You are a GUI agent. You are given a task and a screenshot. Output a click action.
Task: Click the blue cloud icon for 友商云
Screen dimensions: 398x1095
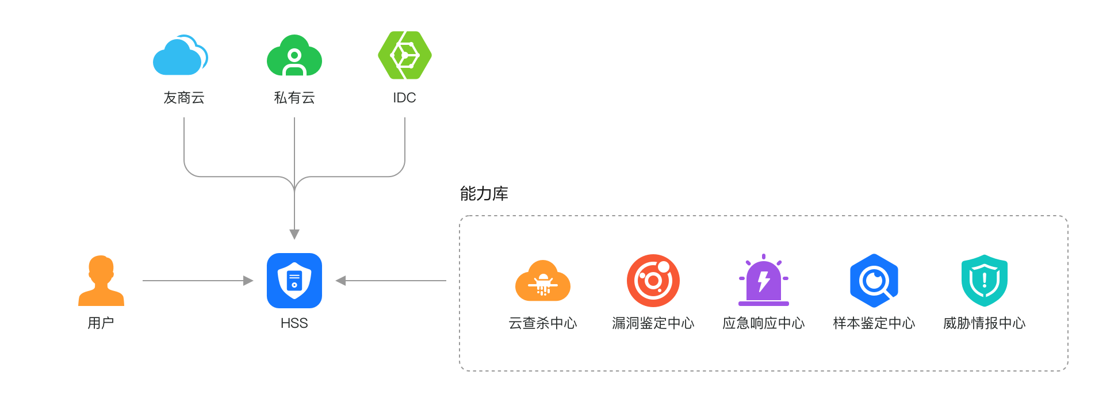click(x=180, y=56)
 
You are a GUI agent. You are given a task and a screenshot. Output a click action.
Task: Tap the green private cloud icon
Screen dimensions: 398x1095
click(x=294, y=56)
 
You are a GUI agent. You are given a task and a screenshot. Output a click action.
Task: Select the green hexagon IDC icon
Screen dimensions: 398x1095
click(x=404, y=55)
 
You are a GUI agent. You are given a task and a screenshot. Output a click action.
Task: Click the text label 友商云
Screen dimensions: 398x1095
click(x=183, y=98)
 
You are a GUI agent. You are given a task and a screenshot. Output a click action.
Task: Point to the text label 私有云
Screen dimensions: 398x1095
click(x=294, y=98)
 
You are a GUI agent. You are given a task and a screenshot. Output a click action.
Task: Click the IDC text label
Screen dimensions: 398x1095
click(x=404, y=98)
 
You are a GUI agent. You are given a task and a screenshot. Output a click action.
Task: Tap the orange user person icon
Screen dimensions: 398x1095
click(x=101, y=281)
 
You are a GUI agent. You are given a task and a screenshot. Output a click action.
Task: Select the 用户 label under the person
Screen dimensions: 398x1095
click(x=101, y=323)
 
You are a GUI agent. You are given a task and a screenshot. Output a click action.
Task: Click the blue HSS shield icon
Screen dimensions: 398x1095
click(x=294, y=281)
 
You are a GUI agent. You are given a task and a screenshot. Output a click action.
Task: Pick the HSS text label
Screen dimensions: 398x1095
click(x=294, y=323)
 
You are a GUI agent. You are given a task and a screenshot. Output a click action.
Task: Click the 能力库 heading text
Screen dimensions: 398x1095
click(x=484, y=194)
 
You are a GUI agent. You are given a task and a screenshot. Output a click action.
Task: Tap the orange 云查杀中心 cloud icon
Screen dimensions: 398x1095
click(x=542, y=281)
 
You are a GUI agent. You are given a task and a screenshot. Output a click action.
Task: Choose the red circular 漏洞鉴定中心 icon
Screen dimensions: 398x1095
click(x=653, y=281)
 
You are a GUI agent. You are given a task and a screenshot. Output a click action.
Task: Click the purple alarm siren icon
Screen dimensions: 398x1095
click(x=763, y=281)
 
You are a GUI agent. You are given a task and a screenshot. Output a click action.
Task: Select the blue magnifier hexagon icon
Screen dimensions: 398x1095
click(x=874, y=281)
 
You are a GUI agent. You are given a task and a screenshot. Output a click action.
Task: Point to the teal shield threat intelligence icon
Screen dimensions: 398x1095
click(x=984, y=281)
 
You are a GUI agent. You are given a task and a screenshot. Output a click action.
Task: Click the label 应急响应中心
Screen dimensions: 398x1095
click(x=763, y=323)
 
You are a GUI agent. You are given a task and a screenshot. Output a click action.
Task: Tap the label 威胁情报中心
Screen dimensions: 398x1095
click(x=984, y=323)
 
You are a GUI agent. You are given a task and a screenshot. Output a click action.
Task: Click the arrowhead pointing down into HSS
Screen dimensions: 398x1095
click(x=294, y=235)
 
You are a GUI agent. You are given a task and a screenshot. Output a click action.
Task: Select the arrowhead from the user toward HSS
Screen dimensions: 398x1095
click(x=248, y=281)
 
